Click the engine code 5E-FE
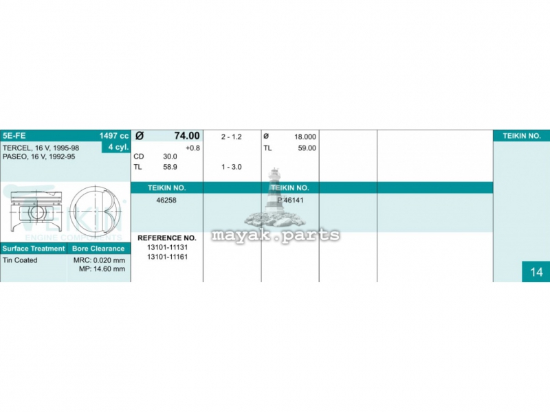[x=14, y=135]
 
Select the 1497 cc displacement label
[x=114, y=136]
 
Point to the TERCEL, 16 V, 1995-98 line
[x=41, y=148]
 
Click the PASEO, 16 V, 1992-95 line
[x=38, y=157]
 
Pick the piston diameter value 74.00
[x=187, y=135]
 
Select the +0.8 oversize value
[x=192, y=148]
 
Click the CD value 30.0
[x=170, y=157]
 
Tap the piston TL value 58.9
[x=170, y=167]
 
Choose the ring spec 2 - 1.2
[x=232, y=137]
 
